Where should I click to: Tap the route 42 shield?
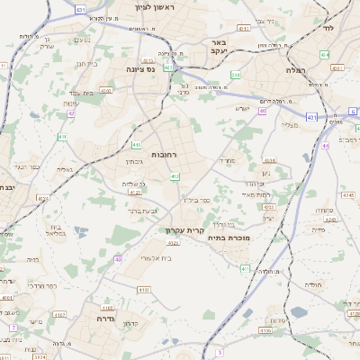point(71,113)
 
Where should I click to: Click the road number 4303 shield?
point(106,90)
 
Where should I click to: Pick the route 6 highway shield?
point(353,111)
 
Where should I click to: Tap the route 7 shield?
point(13,328)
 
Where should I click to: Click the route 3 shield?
point(219,354)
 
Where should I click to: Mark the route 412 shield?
point(174,175)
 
